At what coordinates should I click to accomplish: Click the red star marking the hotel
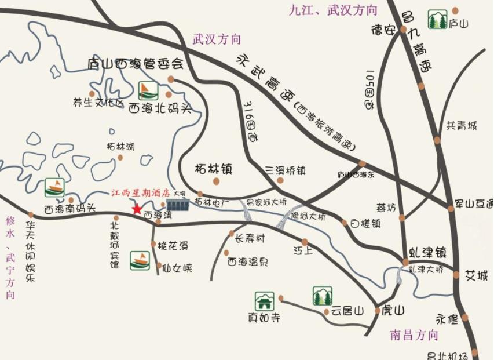point(137,209)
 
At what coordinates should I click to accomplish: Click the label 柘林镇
point(214,170)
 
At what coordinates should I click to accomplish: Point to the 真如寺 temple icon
point(264,301)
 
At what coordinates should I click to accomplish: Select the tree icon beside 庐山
point(437,20)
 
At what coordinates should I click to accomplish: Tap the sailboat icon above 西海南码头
point(54,187)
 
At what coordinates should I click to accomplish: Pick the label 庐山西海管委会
point(136,64)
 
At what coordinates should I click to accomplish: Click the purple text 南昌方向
point(414,335)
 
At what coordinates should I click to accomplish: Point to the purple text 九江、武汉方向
point(333,10)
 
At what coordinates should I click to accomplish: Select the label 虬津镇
point(427,253)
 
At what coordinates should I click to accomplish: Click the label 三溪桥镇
point(285,170)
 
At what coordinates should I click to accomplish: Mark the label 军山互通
point(474,204)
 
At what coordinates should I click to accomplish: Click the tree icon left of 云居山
point(322,296)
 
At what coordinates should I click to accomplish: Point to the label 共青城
point(462,126)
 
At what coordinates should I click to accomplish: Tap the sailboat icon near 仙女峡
point(140,260)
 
